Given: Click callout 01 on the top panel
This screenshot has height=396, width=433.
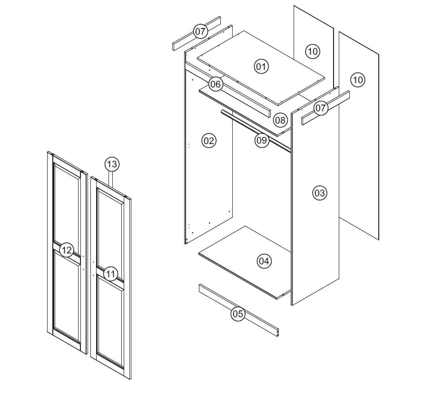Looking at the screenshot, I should coord(261,66).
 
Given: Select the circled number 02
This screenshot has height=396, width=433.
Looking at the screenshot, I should coord(209,140).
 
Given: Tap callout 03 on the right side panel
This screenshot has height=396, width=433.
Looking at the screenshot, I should coord(320,193).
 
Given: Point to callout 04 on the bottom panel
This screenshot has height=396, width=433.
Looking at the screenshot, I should coord(264,261).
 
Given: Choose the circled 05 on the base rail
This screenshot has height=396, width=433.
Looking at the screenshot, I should coord(238,314).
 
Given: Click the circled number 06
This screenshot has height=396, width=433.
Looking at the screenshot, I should coord(216,85).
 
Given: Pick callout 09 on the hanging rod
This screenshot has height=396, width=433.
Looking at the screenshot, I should coord(262,141).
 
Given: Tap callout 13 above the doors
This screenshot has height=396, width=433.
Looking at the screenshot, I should coord(112,164).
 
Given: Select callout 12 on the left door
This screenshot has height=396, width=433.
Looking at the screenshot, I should coord(67,250).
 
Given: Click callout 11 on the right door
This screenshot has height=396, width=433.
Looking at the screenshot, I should coord(110,273).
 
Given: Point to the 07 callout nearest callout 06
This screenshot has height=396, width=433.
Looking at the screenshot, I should coord(201,32).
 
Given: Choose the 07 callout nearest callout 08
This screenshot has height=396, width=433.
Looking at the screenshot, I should coord(321,108).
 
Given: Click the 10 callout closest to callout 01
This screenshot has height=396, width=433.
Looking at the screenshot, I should coord(312,51).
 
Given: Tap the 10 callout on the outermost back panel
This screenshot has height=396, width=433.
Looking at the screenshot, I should coord(358,80).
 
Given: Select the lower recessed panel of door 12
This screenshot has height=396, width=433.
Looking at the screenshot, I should coord(67,295).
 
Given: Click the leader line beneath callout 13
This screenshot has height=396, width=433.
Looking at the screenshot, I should coord(112,178).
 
